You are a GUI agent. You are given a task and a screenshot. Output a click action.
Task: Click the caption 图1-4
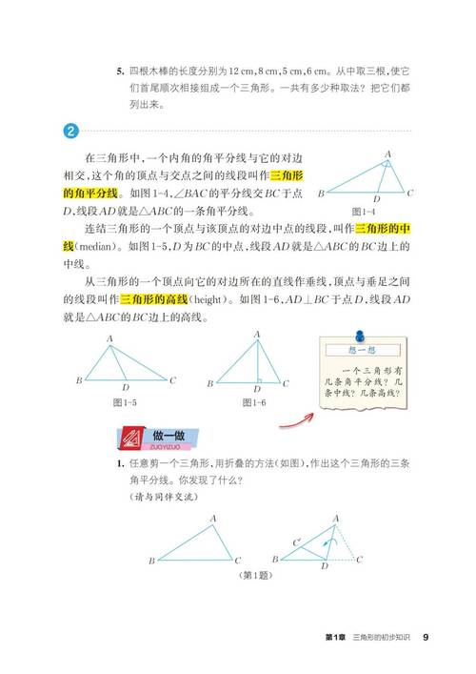[364, 210]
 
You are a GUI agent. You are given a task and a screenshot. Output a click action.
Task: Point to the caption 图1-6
[253, 403]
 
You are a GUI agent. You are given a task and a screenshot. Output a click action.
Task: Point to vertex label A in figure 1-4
[387, 153]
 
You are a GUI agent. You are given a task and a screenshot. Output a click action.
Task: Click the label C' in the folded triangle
[298, 541]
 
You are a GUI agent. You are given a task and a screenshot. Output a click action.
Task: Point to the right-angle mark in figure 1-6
[259, 378]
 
